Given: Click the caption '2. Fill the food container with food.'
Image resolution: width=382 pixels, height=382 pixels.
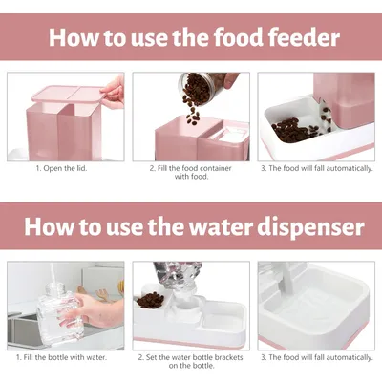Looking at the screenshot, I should pos(190,174).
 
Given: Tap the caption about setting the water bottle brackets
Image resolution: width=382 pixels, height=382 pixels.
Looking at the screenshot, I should pos(190,362).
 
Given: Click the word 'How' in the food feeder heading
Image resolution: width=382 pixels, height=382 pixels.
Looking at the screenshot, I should pos(74,39).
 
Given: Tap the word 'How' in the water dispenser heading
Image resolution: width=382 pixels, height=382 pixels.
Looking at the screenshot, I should pos(47,227).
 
